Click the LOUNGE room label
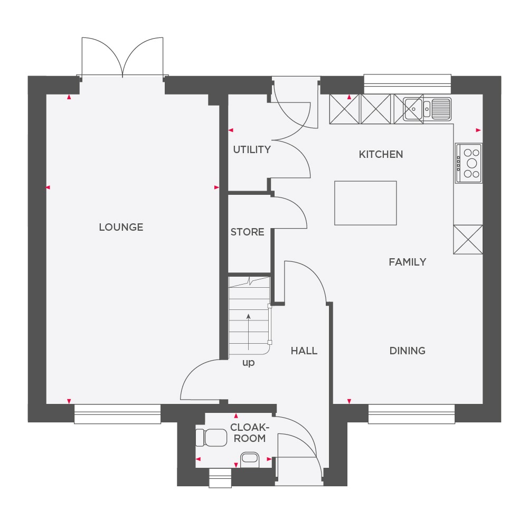121,227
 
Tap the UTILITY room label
252,149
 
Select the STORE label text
247,232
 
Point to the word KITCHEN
381,154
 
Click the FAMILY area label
407,262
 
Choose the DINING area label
407,351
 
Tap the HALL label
304,351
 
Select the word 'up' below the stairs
248,363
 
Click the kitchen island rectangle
365,203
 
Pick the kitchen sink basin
414,109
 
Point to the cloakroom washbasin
250,459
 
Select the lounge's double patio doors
122,58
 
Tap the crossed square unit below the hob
468,239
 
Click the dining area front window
411,414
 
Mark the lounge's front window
117,414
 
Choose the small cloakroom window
220,477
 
